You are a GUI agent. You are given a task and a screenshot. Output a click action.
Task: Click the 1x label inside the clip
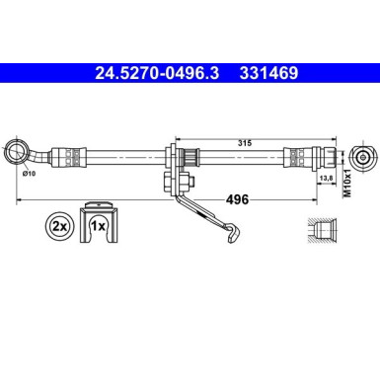click(99, 226)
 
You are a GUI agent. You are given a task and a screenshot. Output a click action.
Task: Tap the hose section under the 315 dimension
click(247, 155)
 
